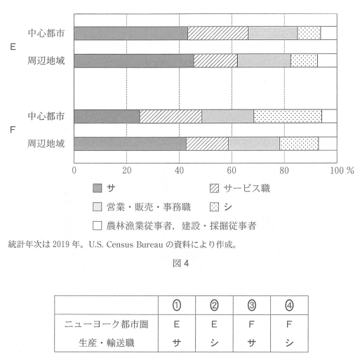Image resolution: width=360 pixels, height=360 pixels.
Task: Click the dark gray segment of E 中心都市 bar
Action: (131, 33)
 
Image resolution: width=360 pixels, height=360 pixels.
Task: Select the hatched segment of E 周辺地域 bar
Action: (215, 61)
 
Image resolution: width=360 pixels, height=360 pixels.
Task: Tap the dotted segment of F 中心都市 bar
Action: (287, 116)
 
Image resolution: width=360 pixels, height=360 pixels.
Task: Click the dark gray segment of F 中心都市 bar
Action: (107, 116)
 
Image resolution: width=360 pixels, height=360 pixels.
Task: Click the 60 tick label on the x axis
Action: (232, 170)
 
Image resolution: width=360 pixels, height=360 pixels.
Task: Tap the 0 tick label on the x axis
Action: (74, 170)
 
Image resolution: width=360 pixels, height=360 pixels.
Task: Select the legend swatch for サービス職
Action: (215, 188)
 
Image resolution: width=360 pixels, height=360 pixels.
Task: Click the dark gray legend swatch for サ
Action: (98, 188)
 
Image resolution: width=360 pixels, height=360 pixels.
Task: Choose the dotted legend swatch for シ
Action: (215, 207)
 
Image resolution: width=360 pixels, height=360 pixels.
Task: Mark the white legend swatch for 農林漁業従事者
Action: (98, 226)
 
